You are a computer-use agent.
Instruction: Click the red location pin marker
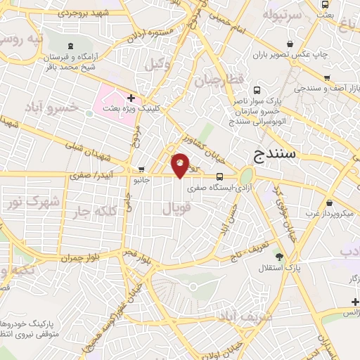click(x=181, y=165)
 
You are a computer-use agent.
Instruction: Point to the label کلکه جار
click(x=92, y=212)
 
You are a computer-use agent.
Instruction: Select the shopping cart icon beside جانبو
click(x=142, y=169)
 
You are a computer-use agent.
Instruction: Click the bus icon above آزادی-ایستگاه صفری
click(x=220, y=176)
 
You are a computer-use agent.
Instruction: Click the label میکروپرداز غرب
click(x=331, y=212)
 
